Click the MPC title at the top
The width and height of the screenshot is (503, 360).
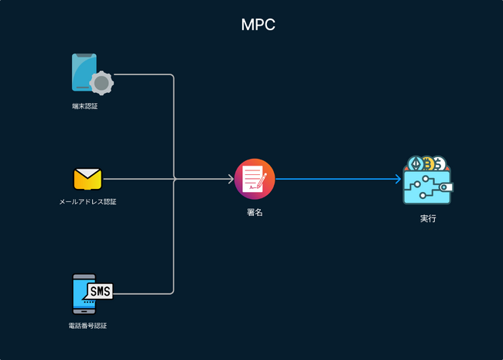click(x=258, y=25)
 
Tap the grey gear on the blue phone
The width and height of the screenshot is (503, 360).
click(x=101, y=82)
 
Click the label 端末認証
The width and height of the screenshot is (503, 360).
click(x=85, y=106)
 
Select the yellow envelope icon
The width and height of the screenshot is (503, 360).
click(x=87, y=179)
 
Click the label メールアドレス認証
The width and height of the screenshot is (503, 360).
click(x=87, y=202)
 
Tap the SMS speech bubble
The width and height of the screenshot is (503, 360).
click(x=100, y=291)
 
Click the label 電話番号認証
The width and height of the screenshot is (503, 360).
click(x=87, y=326)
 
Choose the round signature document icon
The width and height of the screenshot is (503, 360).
click(x=255, y=179)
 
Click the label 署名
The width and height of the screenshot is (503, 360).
click(x=255, y=212)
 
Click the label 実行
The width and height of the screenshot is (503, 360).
click(x=428, y=219)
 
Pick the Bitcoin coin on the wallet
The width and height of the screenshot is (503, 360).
click(x=427, y=163)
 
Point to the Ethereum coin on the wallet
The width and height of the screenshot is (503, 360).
click(x=416, y=164)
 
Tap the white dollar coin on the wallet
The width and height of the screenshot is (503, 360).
click(x=439, y=164)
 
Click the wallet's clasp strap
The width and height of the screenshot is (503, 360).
click(x=447, y=187)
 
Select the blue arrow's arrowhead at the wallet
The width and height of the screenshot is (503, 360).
click(x=398, y=179)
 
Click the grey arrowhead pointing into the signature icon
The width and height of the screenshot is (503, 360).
click(x=230, y=179)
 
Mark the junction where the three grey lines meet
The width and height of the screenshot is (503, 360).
click(x=174, y=179)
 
